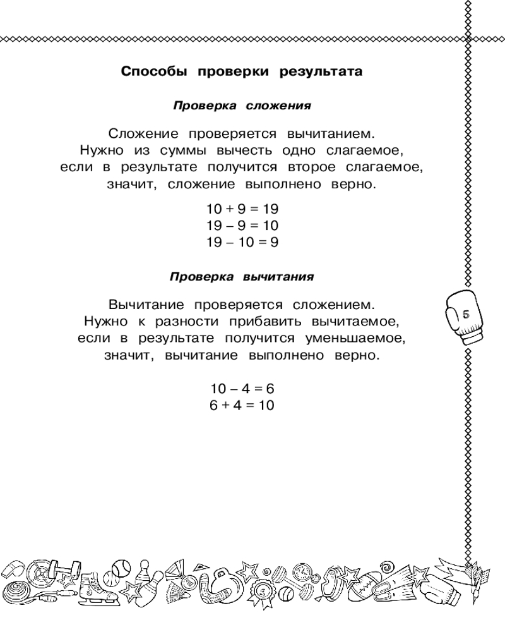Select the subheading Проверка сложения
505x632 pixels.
(x=242, y=106)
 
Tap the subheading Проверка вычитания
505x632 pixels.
(x=242, y=277)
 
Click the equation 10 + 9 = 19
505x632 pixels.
(x=242, y=208)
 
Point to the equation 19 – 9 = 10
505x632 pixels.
(x=242, y=225)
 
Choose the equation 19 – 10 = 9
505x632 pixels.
(x=242, y=241)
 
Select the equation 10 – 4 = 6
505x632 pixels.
(x=242, y=389)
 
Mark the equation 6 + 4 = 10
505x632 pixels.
(x=242, y=406)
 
